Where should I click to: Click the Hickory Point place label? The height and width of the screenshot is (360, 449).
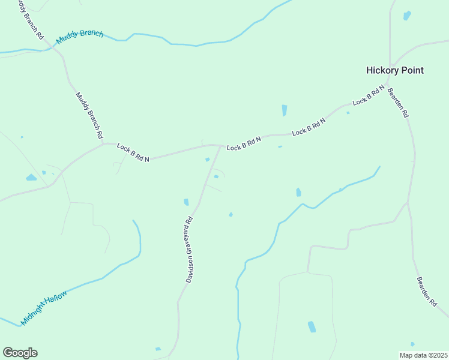[394, 70]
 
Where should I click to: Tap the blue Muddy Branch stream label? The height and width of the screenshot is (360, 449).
[80, 37]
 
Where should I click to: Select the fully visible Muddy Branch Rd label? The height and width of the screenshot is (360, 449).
[89, 115]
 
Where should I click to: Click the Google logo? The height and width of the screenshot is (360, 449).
[20, 353]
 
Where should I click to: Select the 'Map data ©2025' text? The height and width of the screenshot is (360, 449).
[423, 355]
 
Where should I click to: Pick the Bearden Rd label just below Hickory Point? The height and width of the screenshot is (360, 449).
[398, 103]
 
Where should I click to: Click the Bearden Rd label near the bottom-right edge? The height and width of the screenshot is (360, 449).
[427, 292]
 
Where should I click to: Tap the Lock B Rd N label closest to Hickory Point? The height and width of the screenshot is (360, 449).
[368, 95]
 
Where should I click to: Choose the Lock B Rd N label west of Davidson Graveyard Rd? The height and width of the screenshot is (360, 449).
[133, 151]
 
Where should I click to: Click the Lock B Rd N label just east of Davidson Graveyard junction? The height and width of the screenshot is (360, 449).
[244, 143]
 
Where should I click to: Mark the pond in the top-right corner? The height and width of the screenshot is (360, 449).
[407, 15]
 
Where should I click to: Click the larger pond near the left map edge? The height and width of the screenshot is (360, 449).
[31, 178]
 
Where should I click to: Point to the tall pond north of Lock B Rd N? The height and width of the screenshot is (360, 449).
[284, 110]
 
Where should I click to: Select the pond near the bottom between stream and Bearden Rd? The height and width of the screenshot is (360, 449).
[312, 326]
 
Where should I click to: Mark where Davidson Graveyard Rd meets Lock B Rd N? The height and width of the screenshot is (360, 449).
[220, 146]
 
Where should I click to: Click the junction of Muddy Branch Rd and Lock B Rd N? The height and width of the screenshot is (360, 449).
[103, 143]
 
